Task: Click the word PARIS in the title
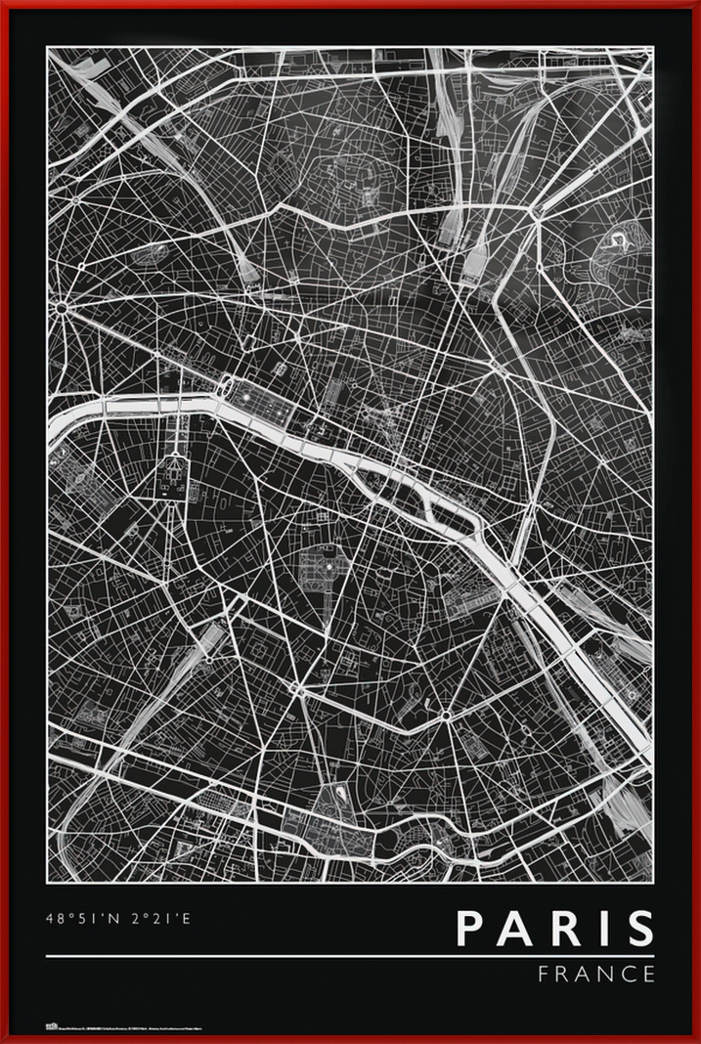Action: coord(554,929)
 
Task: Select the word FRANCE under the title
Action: coord(596,974)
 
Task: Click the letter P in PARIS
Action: coord(472,929)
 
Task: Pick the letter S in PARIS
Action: coord(638,929)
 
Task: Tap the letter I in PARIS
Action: coord(598,929)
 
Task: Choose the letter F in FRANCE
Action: coord(544,974)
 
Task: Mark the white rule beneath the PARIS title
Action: coord(350,955)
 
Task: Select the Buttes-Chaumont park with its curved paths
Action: coord(616,249)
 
